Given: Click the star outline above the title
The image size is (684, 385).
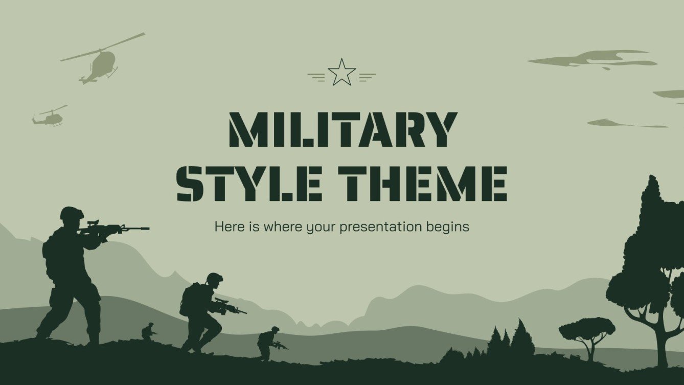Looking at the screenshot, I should click(x=341, y=73).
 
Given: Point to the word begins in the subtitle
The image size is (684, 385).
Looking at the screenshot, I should click(x=448, y=227).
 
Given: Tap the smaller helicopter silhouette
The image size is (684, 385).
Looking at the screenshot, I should click(x=50, y=118).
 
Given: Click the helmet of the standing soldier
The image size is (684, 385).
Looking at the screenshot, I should click(x=71, y=212).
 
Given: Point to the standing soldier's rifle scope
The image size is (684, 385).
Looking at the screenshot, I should click(x=93, y=223).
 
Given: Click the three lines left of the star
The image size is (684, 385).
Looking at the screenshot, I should click(x=317, y=77).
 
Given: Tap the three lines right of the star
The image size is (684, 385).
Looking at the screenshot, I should click(x=367, y=77).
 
